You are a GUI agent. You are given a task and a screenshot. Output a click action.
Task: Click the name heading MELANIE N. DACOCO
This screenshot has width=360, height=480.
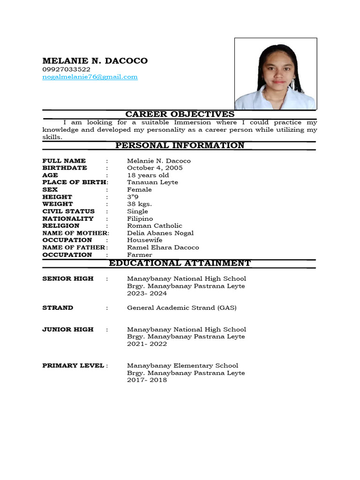pyautogui.click(x=95, y=60)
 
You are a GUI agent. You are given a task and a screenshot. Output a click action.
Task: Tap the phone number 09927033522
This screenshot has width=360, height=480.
pyautogui.click(x=66, y=69)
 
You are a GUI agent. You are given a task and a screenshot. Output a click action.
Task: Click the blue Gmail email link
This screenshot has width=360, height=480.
pyautogui.click(x=90, y=76)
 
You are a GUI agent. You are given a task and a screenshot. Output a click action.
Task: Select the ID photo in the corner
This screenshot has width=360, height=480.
pyautogui.click(x=276, y=74)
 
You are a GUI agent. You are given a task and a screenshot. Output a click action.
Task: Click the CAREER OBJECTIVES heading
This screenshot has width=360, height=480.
pyautogui.click(x=180, y=114)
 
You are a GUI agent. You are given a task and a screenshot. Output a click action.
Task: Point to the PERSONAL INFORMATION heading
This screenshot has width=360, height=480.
pyautogui.click(x=180, y=145)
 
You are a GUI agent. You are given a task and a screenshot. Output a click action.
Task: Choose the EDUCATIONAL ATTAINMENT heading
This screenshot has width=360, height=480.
pyautogui.click(x=180, y=263)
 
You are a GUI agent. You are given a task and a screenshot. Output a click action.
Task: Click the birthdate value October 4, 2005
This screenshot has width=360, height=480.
pyautogui.click(x=155, y=168)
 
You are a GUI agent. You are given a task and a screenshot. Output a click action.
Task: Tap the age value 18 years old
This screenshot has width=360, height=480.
pyautogui.click(x=148, y=175)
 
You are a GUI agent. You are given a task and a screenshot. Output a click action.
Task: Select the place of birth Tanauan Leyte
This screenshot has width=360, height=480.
pyautogui.click(x=152, y=182)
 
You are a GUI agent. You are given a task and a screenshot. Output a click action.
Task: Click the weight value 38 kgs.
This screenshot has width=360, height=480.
pyautogui.click(x=139, y=204)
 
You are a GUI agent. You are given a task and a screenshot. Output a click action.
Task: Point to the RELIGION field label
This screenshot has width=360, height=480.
pyautogui.click(x=61, y=225)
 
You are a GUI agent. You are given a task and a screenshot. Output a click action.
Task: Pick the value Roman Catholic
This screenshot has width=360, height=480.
pyautogui.click(x=154, y=225)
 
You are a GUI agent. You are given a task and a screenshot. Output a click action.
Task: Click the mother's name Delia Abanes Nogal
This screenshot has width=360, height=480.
pyautogui.click(x=160, y=233)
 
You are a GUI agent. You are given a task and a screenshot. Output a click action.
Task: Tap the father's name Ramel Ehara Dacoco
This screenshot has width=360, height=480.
pyautogui.click(x=163, y=247)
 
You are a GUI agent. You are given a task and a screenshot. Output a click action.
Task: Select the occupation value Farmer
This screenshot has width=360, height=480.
pyautogui.click(x=139, y=255)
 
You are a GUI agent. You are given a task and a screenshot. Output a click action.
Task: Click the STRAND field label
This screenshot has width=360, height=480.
pyautogui.click(x=58, y=307)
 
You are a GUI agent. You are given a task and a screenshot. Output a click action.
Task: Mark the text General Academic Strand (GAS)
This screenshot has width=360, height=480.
pyautogui.click(x=181, y=307)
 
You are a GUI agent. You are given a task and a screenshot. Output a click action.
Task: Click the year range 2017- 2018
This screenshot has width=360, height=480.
pyautogui.click(x=147, y=380)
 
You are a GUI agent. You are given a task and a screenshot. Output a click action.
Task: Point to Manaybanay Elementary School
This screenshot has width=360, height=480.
pyautogui.click(x=182, y=365)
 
